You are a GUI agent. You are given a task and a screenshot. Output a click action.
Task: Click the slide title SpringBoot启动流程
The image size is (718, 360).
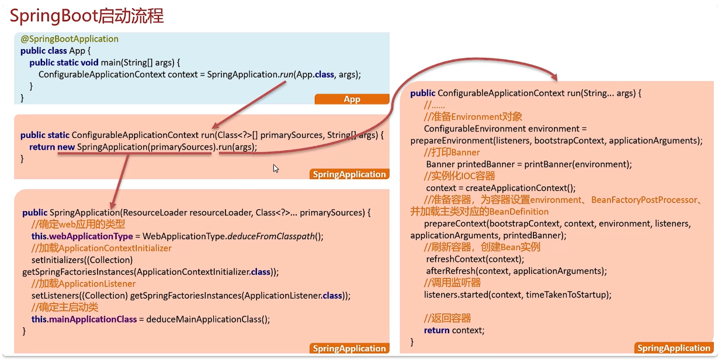(86, 16)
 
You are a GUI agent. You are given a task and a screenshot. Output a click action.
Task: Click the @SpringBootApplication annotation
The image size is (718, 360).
(70, 39)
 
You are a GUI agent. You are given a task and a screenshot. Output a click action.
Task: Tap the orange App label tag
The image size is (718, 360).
(352, 99)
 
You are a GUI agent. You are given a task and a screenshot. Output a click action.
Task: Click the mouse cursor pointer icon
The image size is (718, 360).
(276, 168)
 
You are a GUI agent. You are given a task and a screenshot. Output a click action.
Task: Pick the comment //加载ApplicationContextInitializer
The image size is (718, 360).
(102, 248)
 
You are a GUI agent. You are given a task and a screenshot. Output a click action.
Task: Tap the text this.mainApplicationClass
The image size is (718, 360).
(84, 319)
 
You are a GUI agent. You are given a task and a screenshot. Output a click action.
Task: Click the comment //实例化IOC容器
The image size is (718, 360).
(460, 176)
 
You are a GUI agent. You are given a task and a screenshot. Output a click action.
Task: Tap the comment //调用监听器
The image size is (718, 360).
(452, 282)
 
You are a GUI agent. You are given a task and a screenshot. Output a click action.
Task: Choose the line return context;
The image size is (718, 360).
(454, 330)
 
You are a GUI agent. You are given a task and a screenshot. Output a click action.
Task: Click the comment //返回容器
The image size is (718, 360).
(447, 318)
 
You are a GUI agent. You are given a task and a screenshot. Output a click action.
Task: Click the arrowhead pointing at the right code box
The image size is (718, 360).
(553, 78)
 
